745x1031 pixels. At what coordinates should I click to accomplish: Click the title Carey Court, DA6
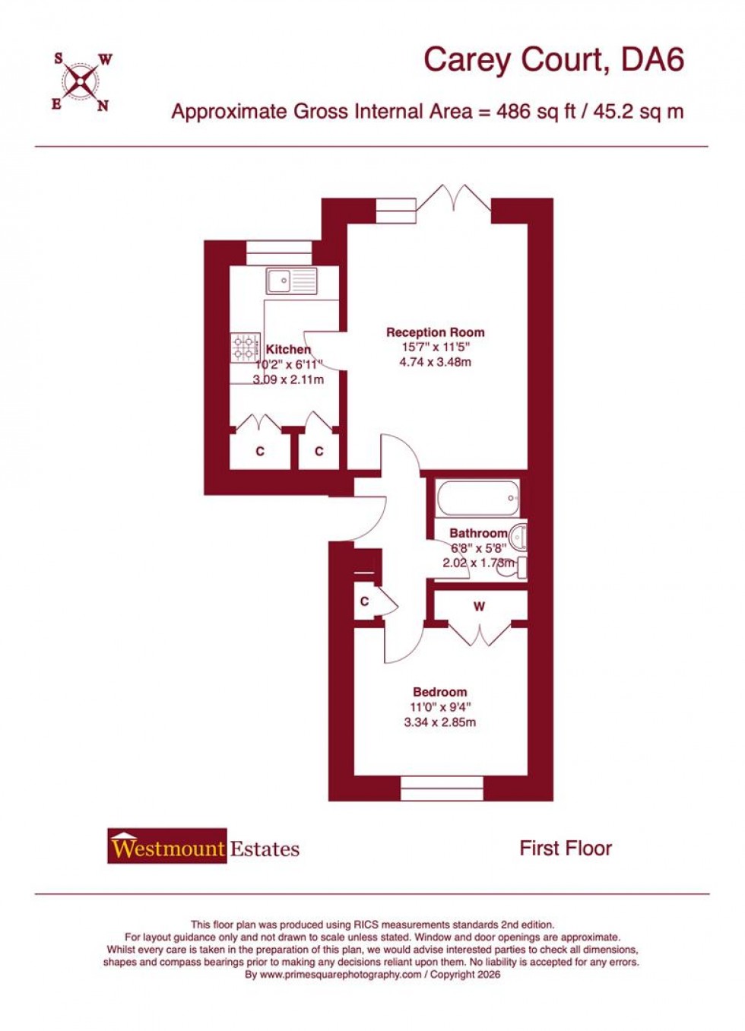(x=553, y=59)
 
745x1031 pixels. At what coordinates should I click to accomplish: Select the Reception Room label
(x=435, y=332)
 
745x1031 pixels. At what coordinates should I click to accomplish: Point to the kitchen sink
(x=291, y=281)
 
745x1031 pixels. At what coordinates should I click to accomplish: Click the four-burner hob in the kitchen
(x=245, y=348)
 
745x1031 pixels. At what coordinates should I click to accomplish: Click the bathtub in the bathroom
(x=477, y=499)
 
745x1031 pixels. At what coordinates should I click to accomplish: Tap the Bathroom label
(x=477, y=533)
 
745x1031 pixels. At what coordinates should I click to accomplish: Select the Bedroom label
(x=439, y=692)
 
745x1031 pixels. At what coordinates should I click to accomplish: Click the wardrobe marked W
(x=479, y=607)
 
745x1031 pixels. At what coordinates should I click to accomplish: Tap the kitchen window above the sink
(x=280, y=252)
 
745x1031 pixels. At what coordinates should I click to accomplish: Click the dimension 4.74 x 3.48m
(x=435, y=362)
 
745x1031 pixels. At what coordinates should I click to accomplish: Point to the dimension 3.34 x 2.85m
(x=439, y=722)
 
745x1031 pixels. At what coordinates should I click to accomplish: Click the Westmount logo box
(x=167, y=846)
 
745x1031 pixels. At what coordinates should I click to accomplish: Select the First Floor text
(x=565, y=849)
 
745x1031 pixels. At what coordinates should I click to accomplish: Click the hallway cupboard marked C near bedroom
(x=366, y=601)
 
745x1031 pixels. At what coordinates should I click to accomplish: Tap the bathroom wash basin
(x=518, y=537)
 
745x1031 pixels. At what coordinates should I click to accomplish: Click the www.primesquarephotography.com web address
(x=341, y=974)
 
